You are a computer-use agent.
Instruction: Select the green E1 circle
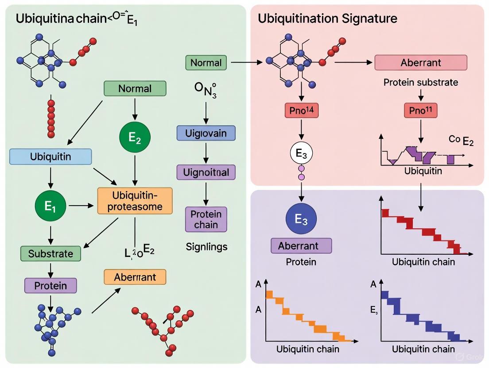point(50,206)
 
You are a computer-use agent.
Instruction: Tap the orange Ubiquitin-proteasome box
point(135,200)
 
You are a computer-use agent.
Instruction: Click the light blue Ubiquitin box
point(50,157)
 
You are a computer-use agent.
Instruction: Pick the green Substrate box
point(50,253)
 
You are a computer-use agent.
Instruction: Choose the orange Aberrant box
point(135,277)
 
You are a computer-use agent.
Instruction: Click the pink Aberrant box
point(420,62)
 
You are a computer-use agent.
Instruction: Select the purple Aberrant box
point(301,245)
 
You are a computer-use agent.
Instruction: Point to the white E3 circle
point(301,154)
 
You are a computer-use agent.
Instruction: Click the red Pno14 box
point(301,111)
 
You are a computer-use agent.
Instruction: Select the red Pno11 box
point(420,111)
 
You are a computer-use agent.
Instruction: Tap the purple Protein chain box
point(206,219)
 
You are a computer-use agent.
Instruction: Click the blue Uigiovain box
point(206,133)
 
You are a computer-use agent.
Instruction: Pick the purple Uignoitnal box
point(206,172)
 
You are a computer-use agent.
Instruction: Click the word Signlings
point(206,247)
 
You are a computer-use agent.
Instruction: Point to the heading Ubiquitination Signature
point(327,19)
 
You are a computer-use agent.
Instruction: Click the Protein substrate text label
point(420,82)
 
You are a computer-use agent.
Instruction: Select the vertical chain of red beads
point(51,118)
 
